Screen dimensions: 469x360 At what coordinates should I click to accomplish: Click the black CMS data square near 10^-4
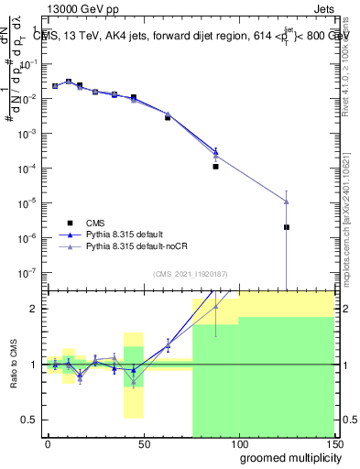(215, 167)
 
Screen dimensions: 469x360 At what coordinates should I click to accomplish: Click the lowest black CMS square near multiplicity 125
(287, 227)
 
